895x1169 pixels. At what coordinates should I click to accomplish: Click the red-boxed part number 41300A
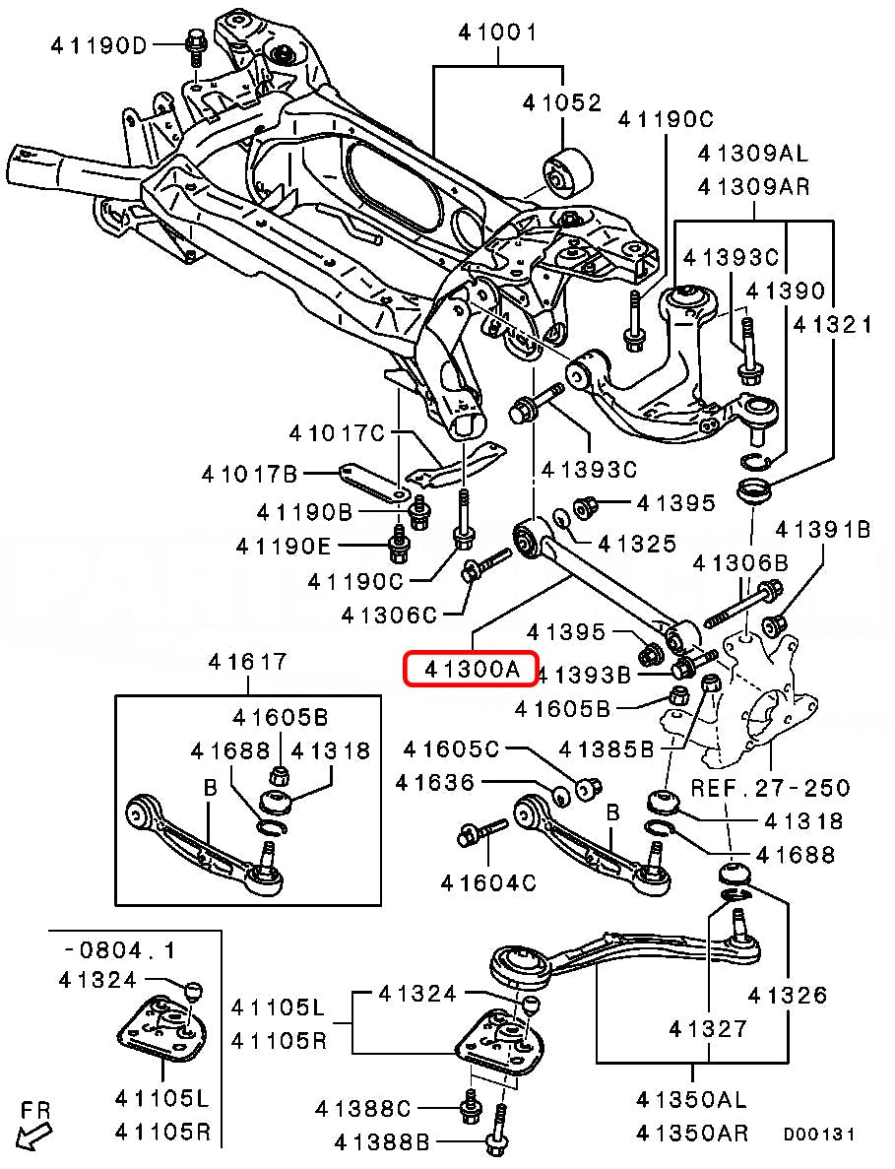[x=472, y=670]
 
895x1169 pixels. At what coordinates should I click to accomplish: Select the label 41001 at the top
[x=497, y=32]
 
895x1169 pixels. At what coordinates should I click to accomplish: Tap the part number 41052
[x=561, y=101]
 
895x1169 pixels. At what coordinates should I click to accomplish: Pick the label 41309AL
[x=752, y=154]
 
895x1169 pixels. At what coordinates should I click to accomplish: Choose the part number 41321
[x=833, y=323]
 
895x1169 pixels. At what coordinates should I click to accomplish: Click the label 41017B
[x=250, y=475]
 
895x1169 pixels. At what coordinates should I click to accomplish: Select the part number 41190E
[x=285, y=545]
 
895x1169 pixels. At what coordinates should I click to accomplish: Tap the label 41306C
[x=389, y=615]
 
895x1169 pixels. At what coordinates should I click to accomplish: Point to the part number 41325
[x=637, y=543]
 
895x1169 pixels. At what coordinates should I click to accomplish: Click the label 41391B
[x=823, y=530]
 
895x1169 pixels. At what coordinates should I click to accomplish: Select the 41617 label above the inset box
[x=247, y=663]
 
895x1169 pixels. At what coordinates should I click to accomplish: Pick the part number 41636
[x=434, y=783]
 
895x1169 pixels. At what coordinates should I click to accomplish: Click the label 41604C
[x=488, y=882]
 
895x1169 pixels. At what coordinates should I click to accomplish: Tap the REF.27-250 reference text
[x=770, y=788]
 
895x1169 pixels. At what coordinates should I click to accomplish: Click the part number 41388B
[x=383, y=1142]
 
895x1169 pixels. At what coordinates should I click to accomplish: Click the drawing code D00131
[x=818, y=1136]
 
